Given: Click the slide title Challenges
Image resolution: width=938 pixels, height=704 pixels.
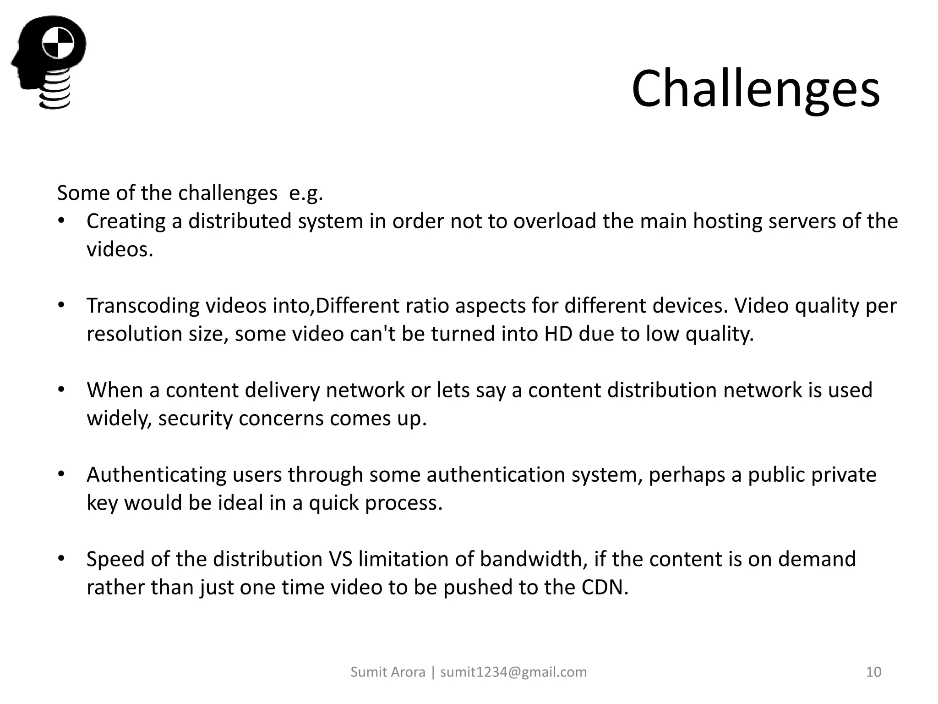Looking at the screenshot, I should (755, 88).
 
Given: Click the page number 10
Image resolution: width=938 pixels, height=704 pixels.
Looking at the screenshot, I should (873, 672).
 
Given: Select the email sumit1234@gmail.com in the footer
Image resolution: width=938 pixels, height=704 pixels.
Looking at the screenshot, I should (513, 672).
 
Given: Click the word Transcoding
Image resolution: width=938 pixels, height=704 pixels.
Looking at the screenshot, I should (143, 306).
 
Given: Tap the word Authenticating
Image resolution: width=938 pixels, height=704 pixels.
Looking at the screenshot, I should (156, 474).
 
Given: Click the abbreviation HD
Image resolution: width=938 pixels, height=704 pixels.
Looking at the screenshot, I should (558, 334).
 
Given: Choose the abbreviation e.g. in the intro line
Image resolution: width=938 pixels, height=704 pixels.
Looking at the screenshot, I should (306, 193).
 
